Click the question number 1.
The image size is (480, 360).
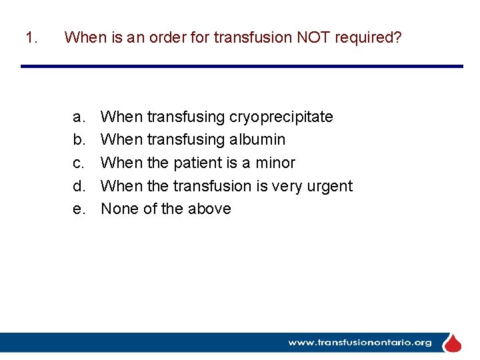click(30, 37)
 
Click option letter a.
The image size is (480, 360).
click(79, 117)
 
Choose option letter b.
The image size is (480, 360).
click(79, 140)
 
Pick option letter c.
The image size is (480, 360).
click(79, 163)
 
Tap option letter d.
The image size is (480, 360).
click(79, 186)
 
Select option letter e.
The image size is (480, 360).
click(79, 209)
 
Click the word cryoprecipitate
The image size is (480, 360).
click(281, 117)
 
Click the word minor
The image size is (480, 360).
click(275, 163)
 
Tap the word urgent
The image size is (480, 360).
click(329, 186)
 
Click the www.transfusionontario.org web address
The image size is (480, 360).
click(359, 343)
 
